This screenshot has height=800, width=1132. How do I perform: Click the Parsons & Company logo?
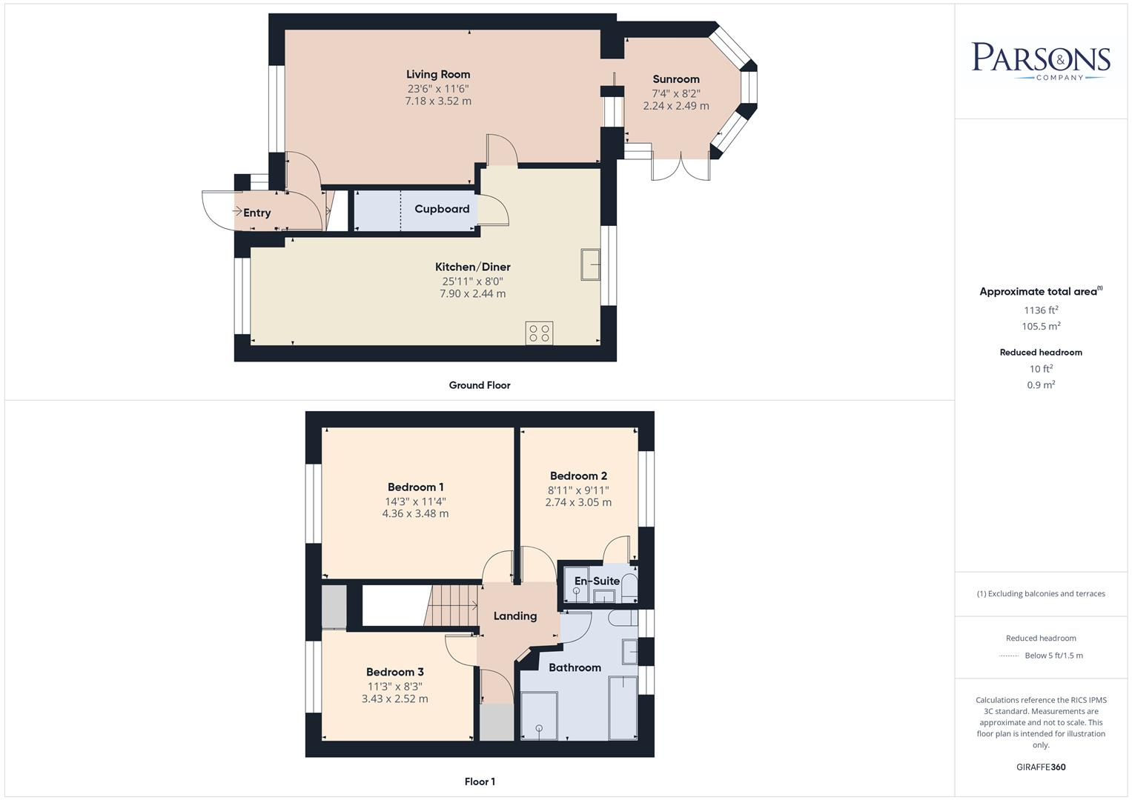coord(1041,60)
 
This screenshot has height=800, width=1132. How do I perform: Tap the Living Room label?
coord(438,74)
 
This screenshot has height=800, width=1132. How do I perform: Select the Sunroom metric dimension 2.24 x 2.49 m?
coord(675,106)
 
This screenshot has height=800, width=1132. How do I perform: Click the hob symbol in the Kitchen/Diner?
coord(539,333)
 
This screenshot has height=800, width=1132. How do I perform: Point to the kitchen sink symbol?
coord(591,265)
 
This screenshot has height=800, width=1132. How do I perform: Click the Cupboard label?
coord(442,209)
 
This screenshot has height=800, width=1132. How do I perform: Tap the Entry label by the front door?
coord(257,213)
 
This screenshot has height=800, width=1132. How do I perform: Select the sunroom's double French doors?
coord(681,168)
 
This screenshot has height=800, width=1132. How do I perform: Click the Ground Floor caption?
coord(480,385)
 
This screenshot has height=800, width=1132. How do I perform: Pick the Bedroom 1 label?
coord(415,487)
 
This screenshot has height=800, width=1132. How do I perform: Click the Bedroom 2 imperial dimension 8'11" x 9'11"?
coord(578,490)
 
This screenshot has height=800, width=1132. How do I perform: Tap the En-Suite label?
coord(597,581)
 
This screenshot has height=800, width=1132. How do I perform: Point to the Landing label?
coord(514,616)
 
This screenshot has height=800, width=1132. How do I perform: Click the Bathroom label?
coord(575,667)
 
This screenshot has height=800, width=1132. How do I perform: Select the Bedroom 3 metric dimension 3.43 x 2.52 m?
coord(394,699)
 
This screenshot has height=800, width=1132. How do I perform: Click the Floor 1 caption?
coord(480,781)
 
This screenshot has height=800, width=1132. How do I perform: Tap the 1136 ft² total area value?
coord(1041,310)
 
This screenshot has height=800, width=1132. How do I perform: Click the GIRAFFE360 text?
coord(1041,767)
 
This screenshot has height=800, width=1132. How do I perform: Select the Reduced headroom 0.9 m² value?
coord(1041,384)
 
